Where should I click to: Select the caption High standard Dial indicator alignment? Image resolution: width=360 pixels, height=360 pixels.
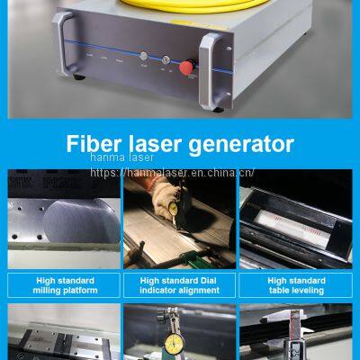tap(179, 285)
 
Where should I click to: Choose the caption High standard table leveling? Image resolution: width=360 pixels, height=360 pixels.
tap(298, 285)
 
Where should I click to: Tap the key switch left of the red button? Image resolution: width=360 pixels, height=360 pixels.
tap(165, 66)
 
